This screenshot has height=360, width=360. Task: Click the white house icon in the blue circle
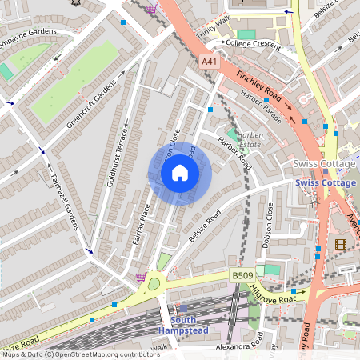(180, 173)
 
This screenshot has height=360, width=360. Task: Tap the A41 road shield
(210, 62)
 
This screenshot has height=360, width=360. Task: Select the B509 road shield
(242, 275)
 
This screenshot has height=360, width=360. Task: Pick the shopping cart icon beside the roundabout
(141, 277)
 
